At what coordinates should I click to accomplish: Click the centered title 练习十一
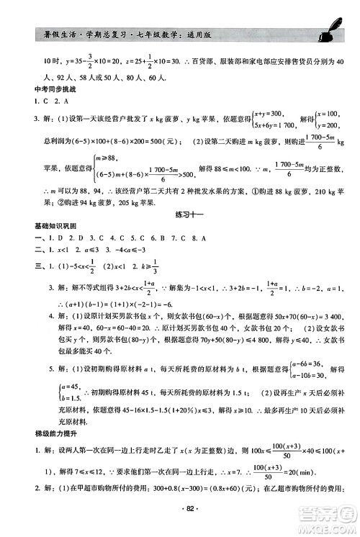[180, 215]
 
